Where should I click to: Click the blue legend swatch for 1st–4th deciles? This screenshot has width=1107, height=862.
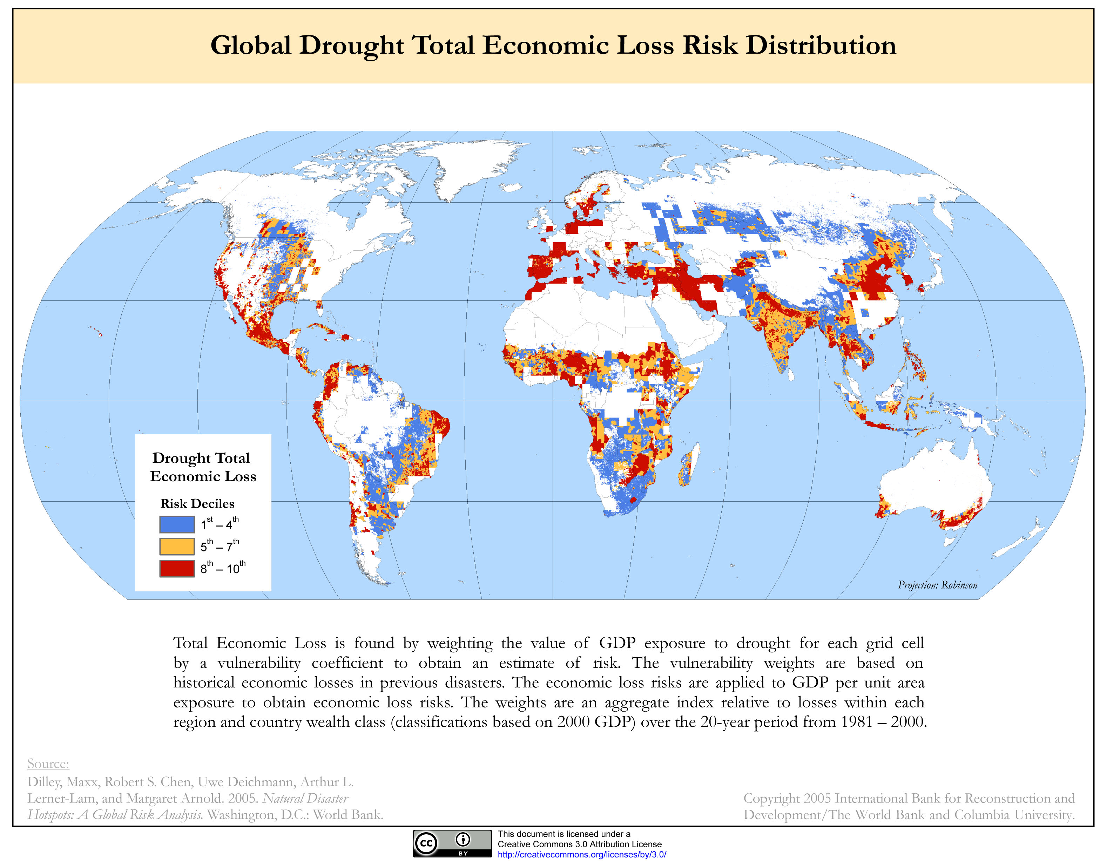click(x=176, y=524)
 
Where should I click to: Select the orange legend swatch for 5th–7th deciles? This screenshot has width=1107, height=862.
click(x=176, y=546)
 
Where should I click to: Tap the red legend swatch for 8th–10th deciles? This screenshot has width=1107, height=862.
click(x=176, y=568)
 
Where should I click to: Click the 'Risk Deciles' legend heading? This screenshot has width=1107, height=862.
click(x=197, y=503)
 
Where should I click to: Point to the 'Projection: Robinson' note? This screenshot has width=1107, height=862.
click(x=937, y=585)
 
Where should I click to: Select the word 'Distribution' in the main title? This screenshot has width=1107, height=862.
click(x=821, y=46)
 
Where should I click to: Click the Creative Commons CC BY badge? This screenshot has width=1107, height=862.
click(x=452, y=843)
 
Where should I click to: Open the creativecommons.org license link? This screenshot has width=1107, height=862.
click(x=581, y=854)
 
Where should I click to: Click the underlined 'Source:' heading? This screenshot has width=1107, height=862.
click(x=48, y=764)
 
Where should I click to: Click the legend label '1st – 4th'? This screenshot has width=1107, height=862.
click(x=220, y=524)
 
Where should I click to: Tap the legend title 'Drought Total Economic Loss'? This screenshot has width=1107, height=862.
click(x=202, y=467)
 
